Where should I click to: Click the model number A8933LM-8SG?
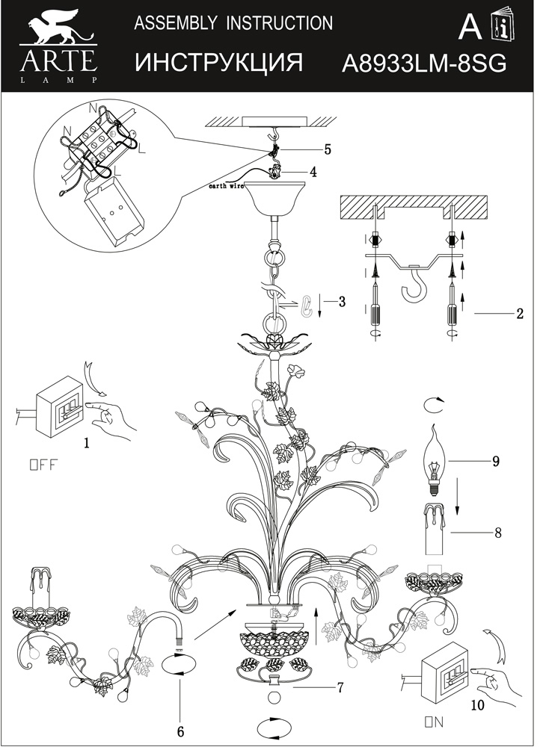tap(423, 63)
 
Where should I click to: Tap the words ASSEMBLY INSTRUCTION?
tap(233, 23)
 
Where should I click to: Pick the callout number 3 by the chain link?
tap(342, 302)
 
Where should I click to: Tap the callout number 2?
tap(519, 314)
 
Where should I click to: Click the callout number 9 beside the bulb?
tap(495, 461)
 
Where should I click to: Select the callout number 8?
tap(497, 533)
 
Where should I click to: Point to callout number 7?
tap(340, 687)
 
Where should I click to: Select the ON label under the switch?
tap(434, 722)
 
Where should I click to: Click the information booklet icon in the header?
tap(500, 28)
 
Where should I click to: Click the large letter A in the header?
tap(469, 27)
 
